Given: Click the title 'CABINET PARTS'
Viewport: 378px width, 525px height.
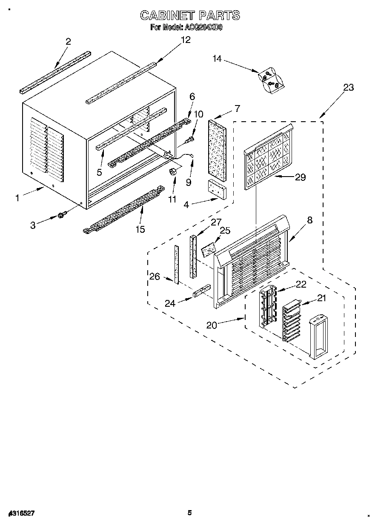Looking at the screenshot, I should click(x=190, y=16).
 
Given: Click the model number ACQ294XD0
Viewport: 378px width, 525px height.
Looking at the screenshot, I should click(x=203, y=28).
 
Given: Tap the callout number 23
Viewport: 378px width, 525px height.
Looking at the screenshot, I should click(x=348, y=88).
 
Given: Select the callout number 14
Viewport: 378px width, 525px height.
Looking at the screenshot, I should click(x=218, y=59).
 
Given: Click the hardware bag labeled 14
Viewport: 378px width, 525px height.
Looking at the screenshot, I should click(x=269, y=80).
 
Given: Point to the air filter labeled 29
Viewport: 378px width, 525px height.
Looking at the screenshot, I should click(x=269, y=157).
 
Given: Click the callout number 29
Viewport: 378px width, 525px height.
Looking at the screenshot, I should click(x=301, y=177).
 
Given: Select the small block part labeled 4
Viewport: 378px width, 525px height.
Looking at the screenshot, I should click(x=217, y=189).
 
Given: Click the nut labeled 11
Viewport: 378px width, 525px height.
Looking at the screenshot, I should click(x=173, y=171).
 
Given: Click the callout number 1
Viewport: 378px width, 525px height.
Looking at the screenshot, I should click(x=17, y=198).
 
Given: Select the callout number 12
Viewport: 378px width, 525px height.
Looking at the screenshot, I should click(x=185, y=40).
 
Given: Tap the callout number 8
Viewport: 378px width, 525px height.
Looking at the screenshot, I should click(x=309, y=220).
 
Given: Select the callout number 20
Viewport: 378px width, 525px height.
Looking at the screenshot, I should click(x=212, y=325).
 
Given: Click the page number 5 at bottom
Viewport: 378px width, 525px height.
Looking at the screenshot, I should click(x=190, y=513).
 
